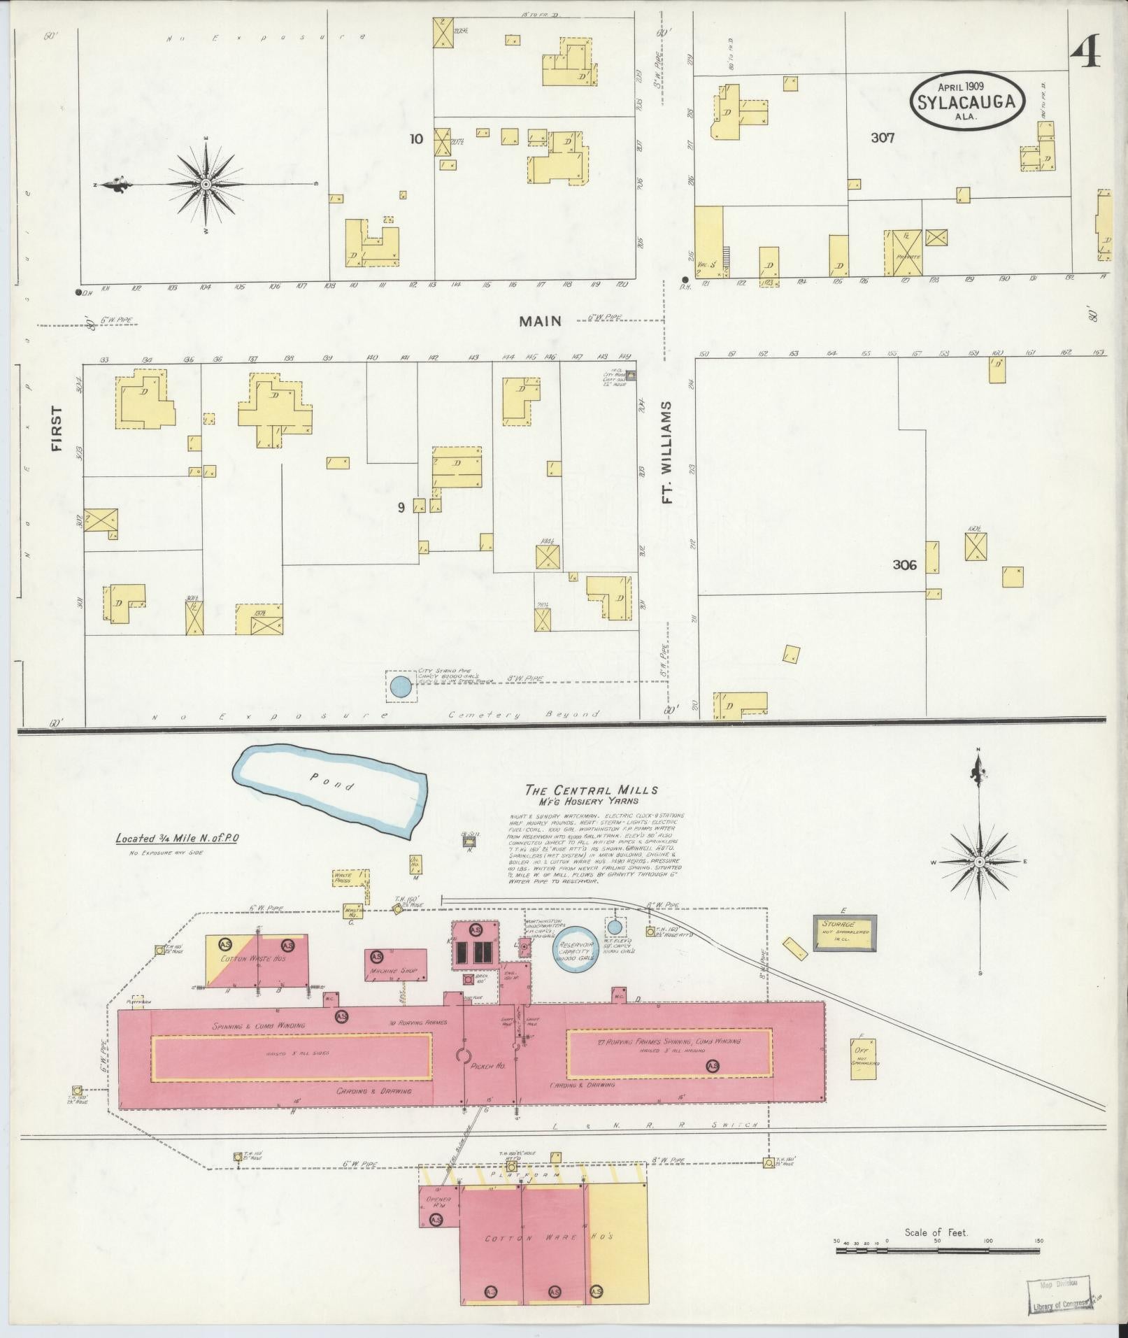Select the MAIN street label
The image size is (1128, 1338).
pyautogui.click(x=540, y=321)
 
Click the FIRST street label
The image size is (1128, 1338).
pyautogui.click(x=57, y=428)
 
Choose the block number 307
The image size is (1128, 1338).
pyautogui.click(x=883, y=138)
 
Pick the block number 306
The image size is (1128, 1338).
pyautogui.click(x=904, y=564)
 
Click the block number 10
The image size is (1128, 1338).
pyautogui.click(x=416, y=138)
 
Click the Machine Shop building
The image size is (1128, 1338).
pyautogui.click(x=396, y=966)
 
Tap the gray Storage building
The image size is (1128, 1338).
pyautogui.click(x=844, y=932)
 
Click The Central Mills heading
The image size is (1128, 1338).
pyautogui.click(x=592, y=790)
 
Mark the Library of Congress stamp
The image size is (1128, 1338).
pyautogui.click(x=1058, y=1299)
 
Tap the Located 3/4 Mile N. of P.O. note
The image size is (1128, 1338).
pyautogui.click(x=177, y=838)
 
